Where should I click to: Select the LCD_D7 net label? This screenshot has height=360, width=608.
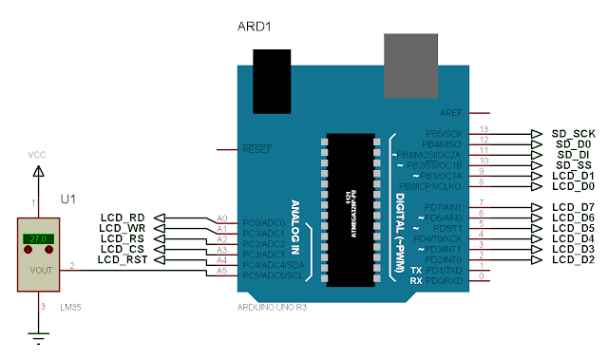(573, 206)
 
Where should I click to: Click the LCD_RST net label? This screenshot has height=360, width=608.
(123, 259)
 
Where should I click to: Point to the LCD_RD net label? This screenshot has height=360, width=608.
(123, 218)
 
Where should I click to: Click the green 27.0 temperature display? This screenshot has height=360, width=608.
(39, 239)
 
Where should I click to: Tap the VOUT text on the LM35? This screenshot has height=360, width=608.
(40, 270)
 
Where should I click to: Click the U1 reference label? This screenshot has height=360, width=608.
(67, 200)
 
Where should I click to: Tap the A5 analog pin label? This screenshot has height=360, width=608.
(221, 270)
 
